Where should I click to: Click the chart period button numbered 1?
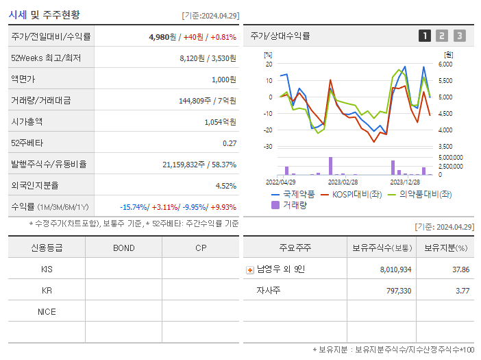click(x=425, y=36)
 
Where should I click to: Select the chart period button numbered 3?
click(x=459, y=36)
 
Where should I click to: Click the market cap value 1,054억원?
click(x=221, y=121)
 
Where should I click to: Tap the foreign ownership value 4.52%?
click(x=225, y=185)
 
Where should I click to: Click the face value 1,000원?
click(x=223, y=79)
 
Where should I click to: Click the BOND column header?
click(x=123, y=248)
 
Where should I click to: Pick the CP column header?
click(x=200, y=248)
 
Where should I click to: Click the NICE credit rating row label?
click(x=47, y=311)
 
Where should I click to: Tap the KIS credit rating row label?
click(x=47, y=269)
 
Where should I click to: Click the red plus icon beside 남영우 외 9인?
click(x=250, y=269)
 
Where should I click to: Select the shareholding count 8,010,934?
click(x=395, y=269)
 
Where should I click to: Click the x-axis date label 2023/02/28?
click(x=343, y=182)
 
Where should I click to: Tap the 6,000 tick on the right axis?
click(x=445, y=64)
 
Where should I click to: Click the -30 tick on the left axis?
click(x=268, y=147)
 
